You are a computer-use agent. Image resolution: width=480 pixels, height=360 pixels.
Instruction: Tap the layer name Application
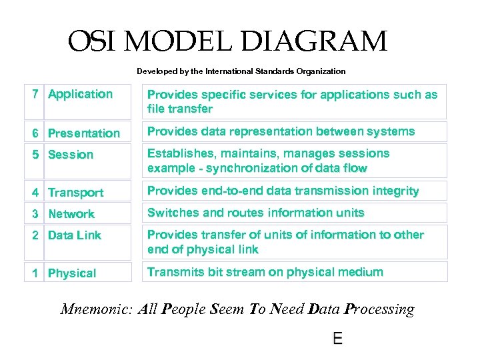81,94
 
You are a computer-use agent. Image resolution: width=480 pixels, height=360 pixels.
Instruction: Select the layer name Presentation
84,133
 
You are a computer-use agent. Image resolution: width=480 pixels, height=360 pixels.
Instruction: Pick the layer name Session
71,155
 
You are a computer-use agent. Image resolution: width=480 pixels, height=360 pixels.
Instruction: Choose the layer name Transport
76,193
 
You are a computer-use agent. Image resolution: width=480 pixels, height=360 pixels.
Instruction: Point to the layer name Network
71,214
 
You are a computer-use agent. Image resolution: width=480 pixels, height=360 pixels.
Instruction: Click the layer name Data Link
75,235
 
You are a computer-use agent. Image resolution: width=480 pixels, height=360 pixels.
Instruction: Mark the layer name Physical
72,273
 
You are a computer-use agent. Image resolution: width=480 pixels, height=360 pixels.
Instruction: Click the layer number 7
36,94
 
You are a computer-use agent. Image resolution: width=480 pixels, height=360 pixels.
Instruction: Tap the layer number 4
36,193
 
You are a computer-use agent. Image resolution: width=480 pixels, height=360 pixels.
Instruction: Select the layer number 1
36,273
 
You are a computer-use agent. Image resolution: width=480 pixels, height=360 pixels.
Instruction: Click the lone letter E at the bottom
338,339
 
